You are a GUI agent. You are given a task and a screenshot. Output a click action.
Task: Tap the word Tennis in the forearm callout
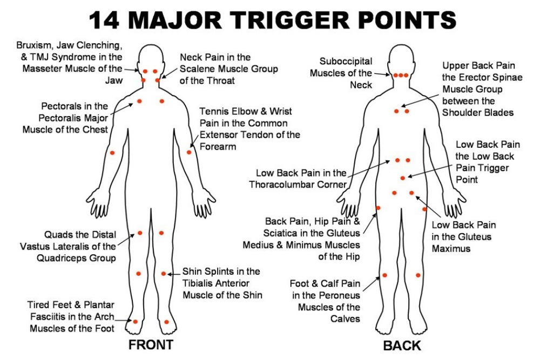pyautogui.click(x=213, y=111)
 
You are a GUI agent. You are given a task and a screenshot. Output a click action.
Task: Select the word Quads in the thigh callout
pyautogui.click(x=57, y=235)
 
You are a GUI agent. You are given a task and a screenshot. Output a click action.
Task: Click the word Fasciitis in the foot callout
pyautogui.click(x=45, y=317)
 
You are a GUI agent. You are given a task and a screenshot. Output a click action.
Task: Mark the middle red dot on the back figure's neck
pyautogui.click(x=401, y=75)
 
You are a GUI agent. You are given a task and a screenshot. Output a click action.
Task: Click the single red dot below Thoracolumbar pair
pyautogui.click(x=402, y=178)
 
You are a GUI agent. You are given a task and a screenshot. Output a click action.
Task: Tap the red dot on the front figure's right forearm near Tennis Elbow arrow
pyautogui.click(x=189, y=152)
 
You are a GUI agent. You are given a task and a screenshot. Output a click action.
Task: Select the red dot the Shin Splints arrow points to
pyautogui.click(x=163, y=274)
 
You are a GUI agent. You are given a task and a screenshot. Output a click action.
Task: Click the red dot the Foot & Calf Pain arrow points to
pyautogui.click(x=384, y=275)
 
